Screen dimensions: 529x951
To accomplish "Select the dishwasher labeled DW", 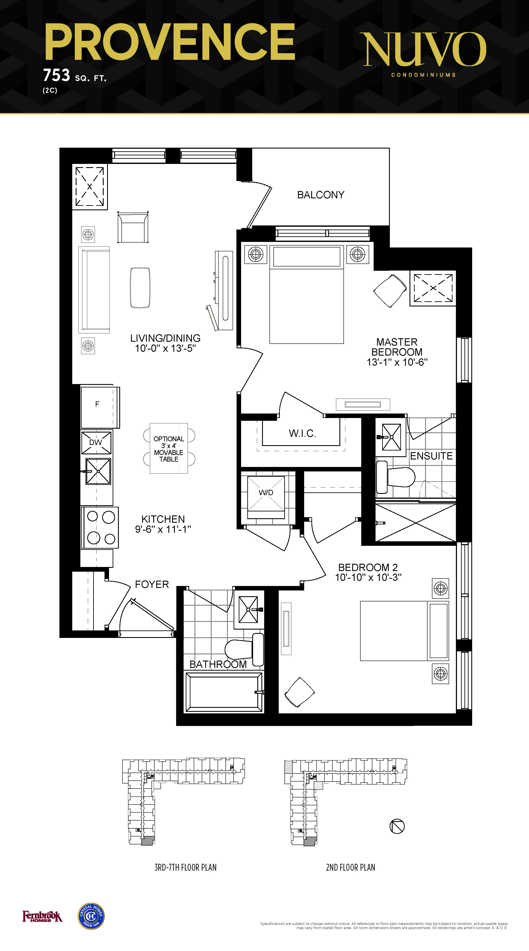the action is point(96,442).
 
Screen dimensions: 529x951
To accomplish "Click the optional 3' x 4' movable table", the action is point(169,449).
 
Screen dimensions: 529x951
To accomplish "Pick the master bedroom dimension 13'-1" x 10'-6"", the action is point(397,362).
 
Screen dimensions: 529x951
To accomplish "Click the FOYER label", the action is point(152,584).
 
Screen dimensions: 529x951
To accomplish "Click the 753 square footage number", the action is point(56,75).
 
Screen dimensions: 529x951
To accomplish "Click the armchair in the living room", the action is point(133,227).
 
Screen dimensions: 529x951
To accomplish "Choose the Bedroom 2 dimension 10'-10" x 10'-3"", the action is point(368,577).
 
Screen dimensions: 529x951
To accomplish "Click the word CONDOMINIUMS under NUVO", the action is point(423,75).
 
